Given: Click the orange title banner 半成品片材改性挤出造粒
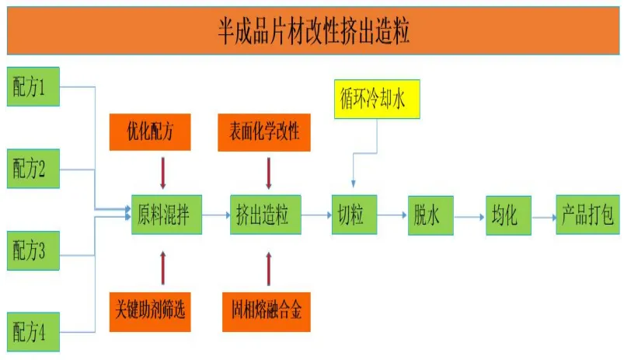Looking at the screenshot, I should [x=312, y=32].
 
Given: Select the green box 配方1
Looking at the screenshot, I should [x=29, y=86].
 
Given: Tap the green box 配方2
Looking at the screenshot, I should [x=29, y=167].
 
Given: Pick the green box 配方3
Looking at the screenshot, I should [x=29, y=250].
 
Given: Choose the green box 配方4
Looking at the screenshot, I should [x=29, y=333].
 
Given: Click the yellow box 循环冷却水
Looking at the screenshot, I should [x=377, y=99].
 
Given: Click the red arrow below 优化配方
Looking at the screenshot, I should [x=163, y=173].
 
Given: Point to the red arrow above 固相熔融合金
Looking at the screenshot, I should [x=269, y=268].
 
